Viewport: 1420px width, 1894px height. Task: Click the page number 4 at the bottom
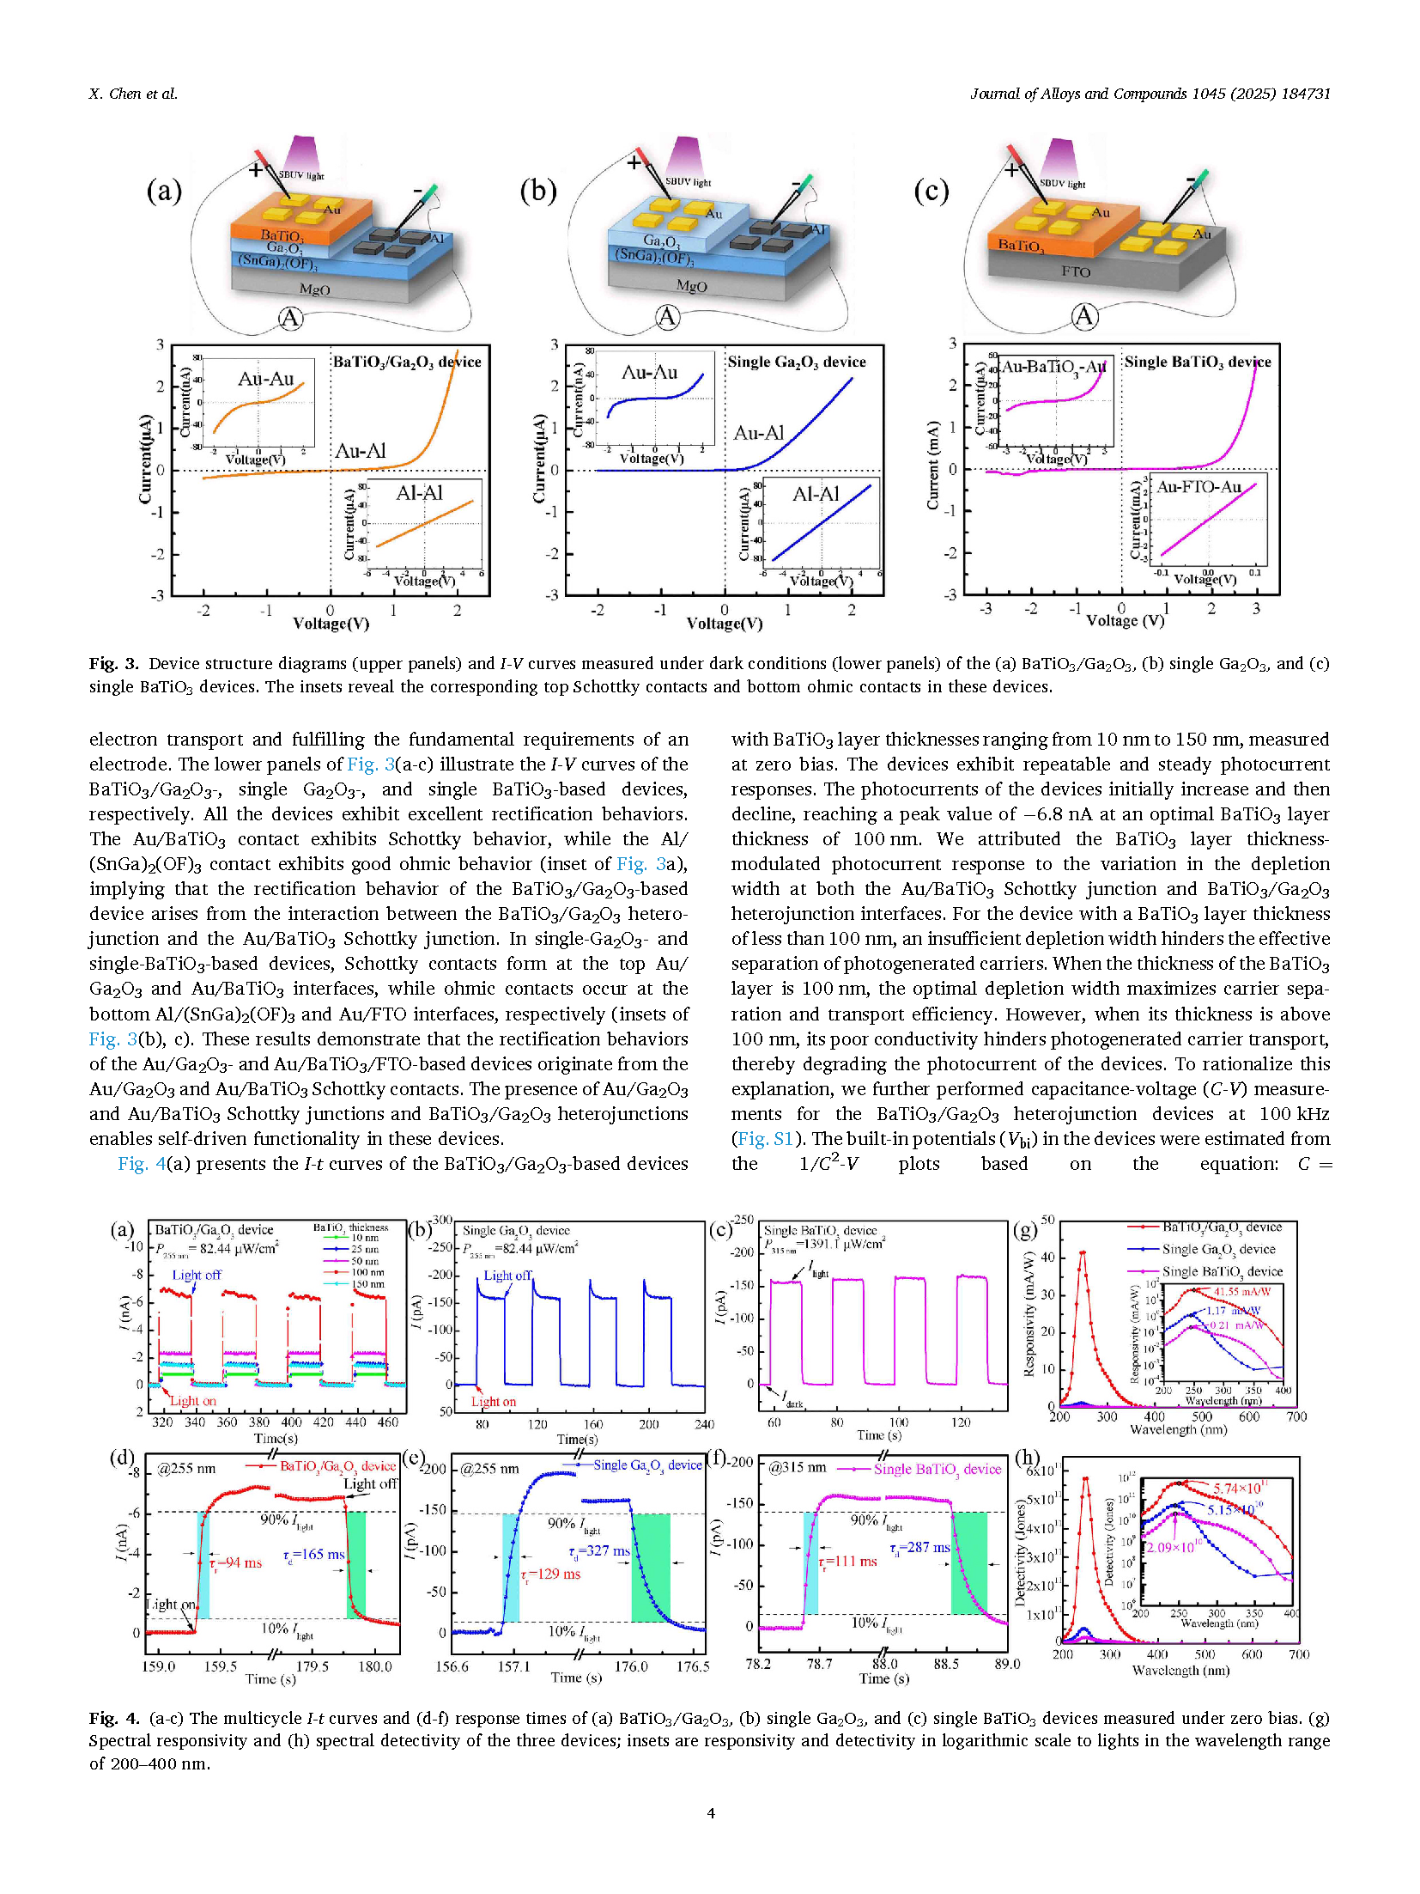pyautogui.click(x=710, y=1812)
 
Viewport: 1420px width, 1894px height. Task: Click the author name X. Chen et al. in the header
pyautogui.click(x=133, y=94)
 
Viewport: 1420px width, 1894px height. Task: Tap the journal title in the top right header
pyautogui.click(x=1150, y=94)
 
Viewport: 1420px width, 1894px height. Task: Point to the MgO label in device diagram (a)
pyautogui.click(x=314, y=289)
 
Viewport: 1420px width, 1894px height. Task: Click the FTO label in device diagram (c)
pyautogui.click(x=1075, y=271)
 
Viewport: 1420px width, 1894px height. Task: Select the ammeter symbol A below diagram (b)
pyautogui.click(x=667, y=317)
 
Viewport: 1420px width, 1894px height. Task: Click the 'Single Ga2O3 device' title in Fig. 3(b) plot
pyautogui.click(x=797, y=362)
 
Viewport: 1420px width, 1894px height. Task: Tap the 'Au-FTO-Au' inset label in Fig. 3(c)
pyautogui.click(x=1199, y=487)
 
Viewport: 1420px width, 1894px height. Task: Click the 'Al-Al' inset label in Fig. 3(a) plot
pyautogui.click(x=419, y=493)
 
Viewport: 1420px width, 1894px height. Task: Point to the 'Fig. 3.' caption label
pyautogui.click(x=113, y=663)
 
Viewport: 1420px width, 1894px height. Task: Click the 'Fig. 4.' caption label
pyautogui.click(x=113, y=1718)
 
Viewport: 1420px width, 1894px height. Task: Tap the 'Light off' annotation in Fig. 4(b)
pyautogui.click(x=507, y=1276)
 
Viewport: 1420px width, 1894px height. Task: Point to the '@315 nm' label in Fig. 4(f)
pyautogui.click(x=797, y=1468)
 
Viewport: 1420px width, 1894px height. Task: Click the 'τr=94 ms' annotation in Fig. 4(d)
pyautogui.click(x=236, y=1562)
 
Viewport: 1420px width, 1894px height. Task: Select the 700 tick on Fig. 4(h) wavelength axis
pyautogui.click(x=1299, y=1654)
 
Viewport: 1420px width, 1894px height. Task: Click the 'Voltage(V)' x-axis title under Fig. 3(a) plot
pyautogui.click(x=331, y=624)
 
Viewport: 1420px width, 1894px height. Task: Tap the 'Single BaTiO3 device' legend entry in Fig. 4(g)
pyautogui.click(x=1222, y=1271)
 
